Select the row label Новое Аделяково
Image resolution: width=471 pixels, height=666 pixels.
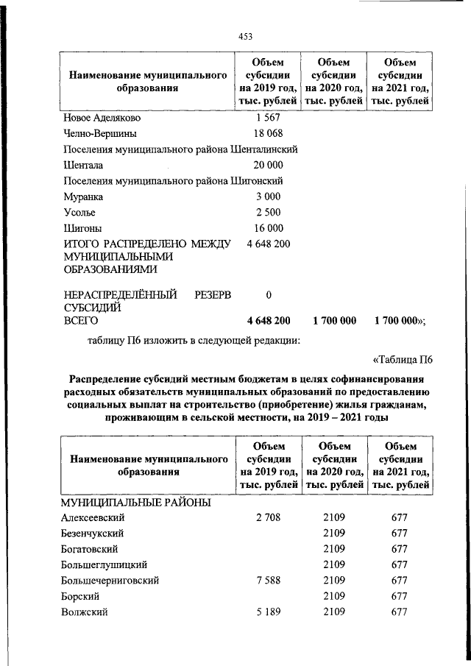(x=102, y=118)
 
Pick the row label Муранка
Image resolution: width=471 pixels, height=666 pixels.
(x=82, y=196)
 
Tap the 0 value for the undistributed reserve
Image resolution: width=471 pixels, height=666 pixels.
(x=269, y=295)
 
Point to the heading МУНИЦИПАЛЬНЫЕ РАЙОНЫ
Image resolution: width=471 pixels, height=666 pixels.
(x=136, y=502)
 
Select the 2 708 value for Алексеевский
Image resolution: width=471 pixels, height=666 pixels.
(x=269, y=517)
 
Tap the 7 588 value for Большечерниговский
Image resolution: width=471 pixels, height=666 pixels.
(x=269, y=581)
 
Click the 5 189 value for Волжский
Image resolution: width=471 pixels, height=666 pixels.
(x=269, y=612)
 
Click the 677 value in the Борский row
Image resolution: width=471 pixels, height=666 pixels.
(x=400, y=596)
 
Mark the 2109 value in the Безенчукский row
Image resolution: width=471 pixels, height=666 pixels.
(x=334, y=533)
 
